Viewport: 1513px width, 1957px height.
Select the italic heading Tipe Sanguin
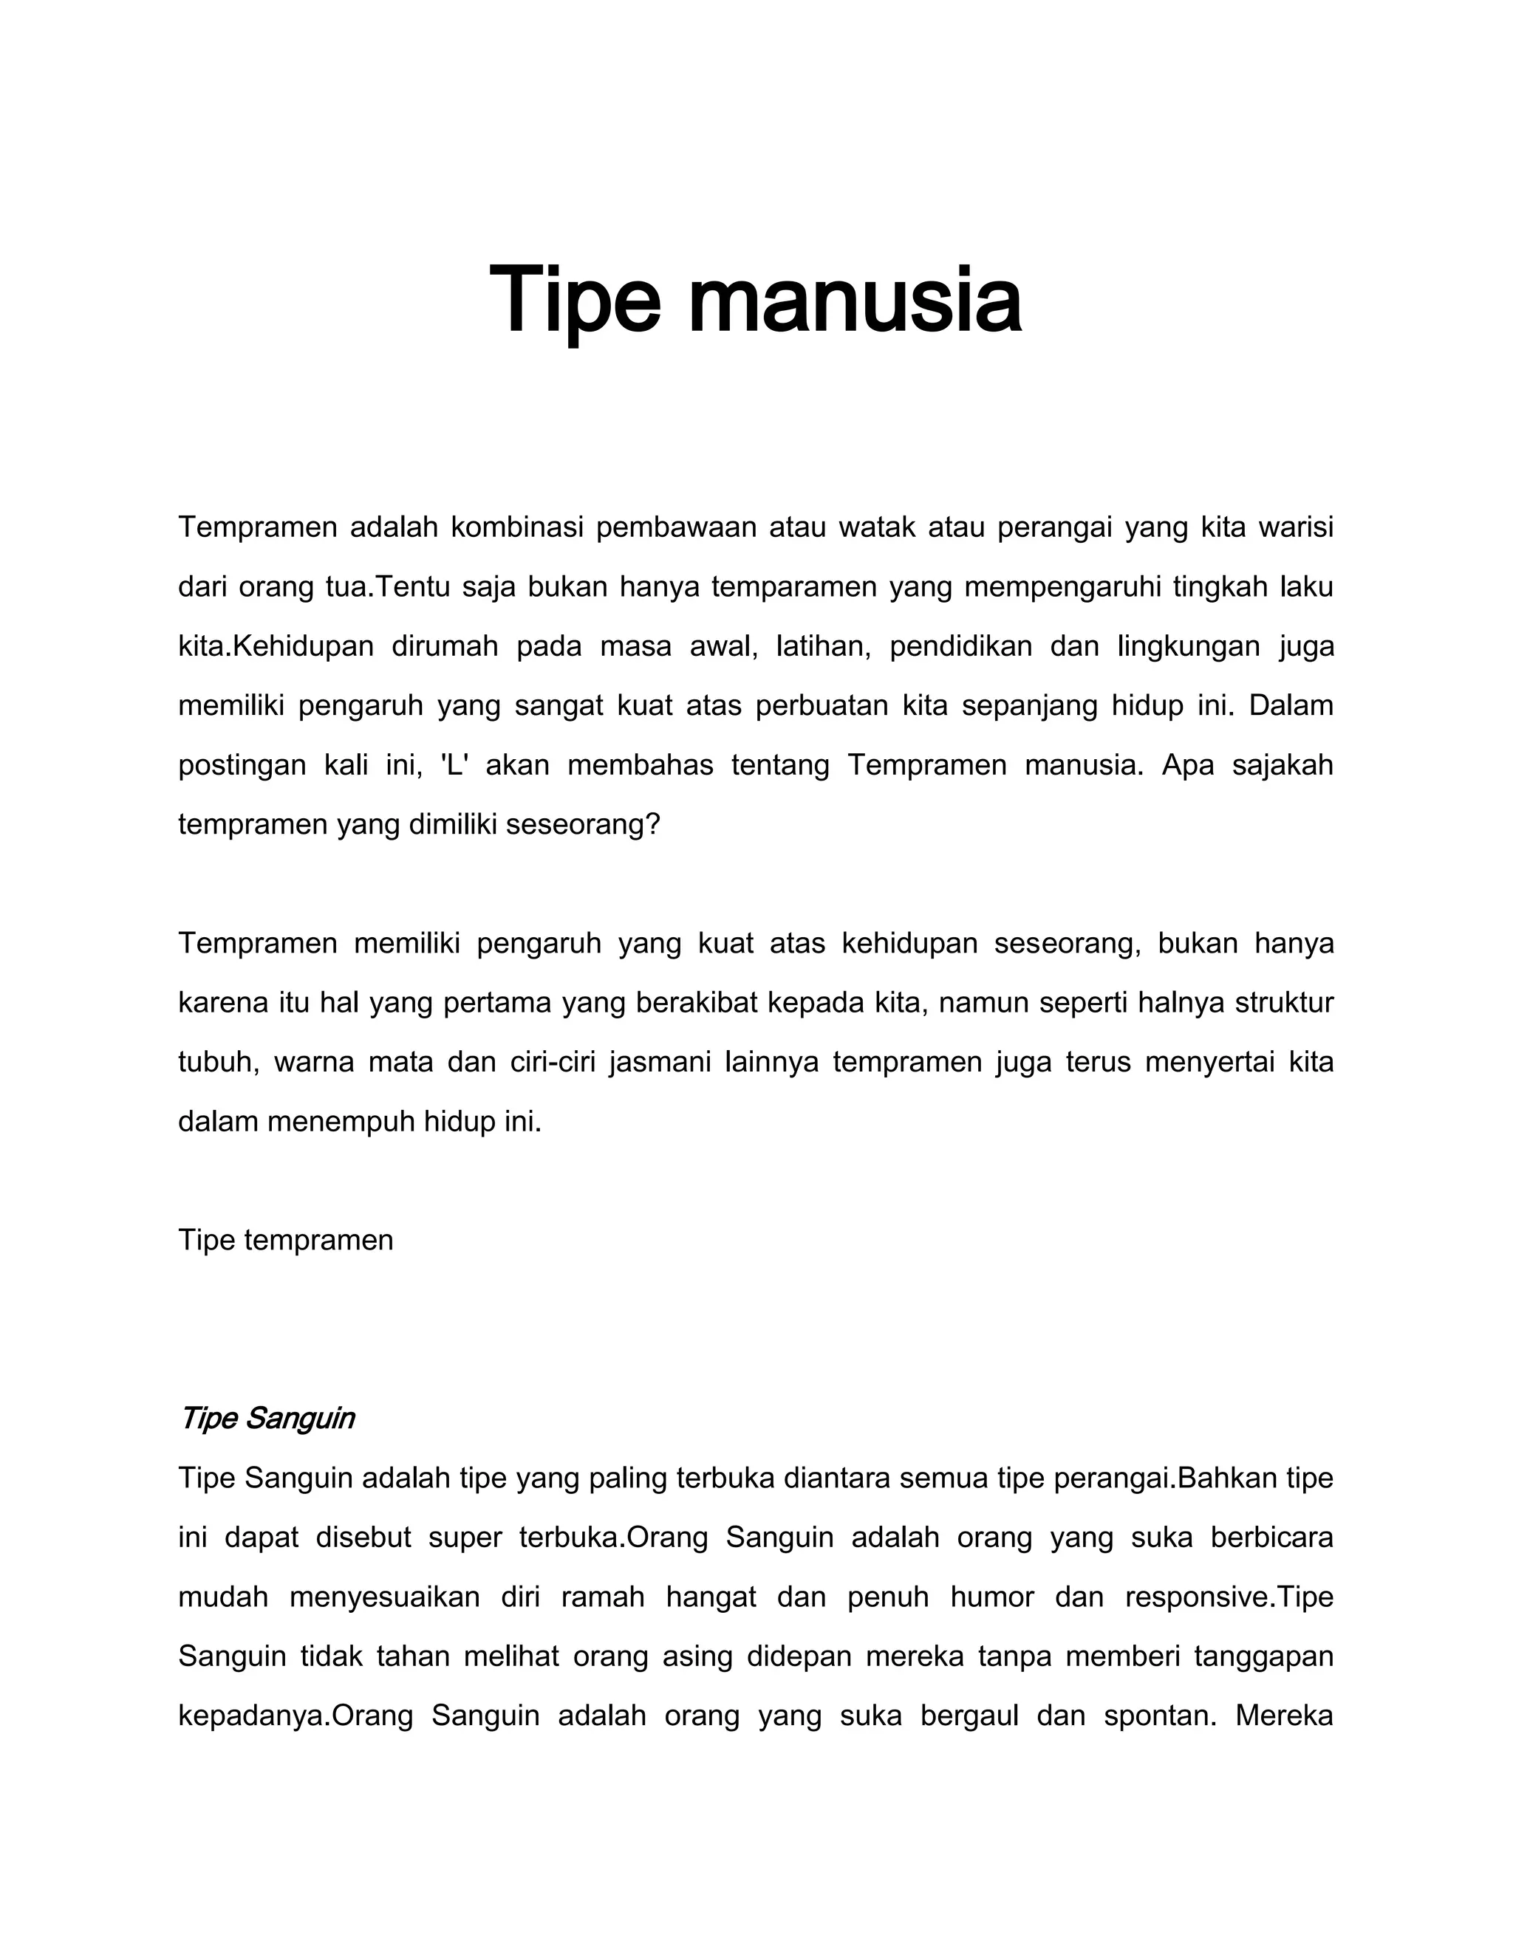point(267,1418)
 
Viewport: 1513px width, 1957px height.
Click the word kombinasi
point(517,528)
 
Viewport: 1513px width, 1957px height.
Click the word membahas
point(641,765)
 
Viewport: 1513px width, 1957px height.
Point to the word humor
point(992,1596)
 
